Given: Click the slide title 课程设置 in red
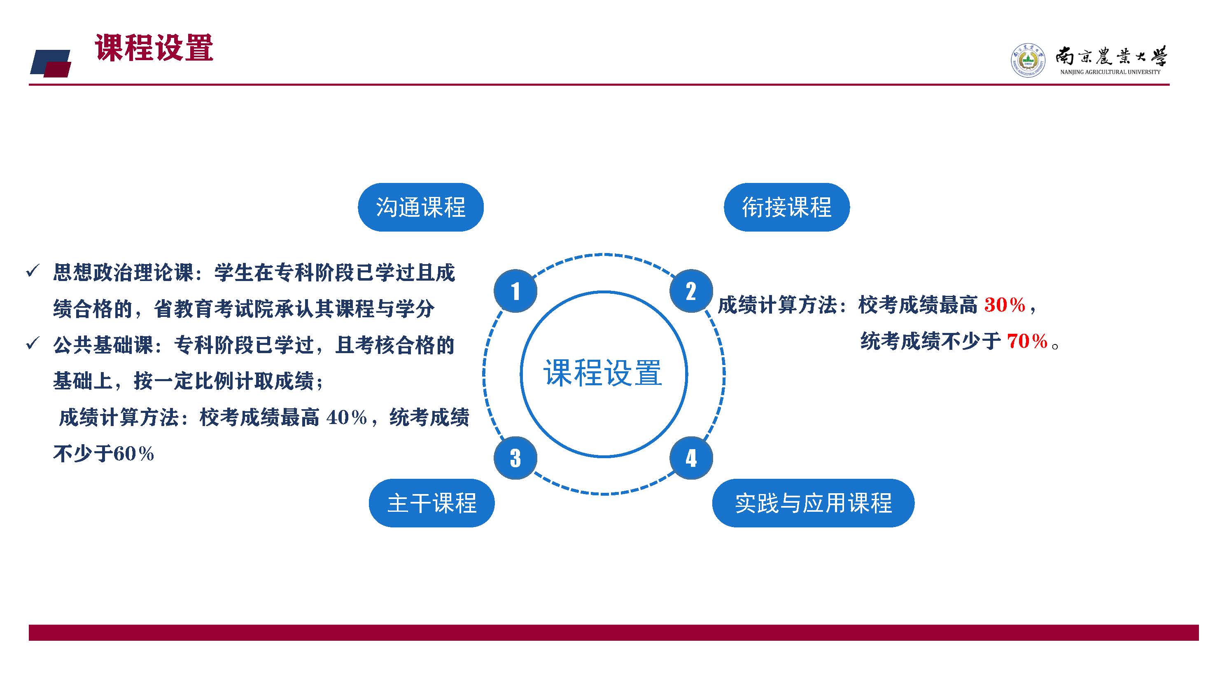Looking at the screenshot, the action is [x=154, y=48].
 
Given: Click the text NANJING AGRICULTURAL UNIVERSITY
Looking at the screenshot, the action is [x=1110, y=72].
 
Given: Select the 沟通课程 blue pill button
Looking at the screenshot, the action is [x=421, y=207].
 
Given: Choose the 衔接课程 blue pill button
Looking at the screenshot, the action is [x=786, y=207].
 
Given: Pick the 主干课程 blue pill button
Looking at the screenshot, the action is [x=431, y=503].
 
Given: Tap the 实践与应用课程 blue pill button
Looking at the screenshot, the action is [x=813, y=503].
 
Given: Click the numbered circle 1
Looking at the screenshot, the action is [x=515, y=291].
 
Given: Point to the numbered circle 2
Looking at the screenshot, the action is [x=691, y=291].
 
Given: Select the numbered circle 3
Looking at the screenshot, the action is [x=515, y=458].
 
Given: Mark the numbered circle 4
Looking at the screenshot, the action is [x=691, y=458].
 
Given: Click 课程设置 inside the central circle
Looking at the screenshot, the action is [x=603, y=373].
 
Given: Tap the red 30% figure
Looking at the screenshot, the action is [x=1005, y=305].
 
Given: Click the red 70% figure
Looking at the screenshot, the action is [x=1027, y=341].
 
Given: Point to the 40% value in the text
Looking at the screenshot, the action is [x=347, y=417].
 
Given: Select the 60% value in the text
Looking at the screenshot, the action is [x=134, y=454].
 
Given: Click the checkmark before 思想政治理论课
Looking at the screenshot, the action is [x=33, y=271].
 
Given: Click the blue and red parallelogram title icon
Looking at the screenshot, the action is [x=51, y=63].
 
